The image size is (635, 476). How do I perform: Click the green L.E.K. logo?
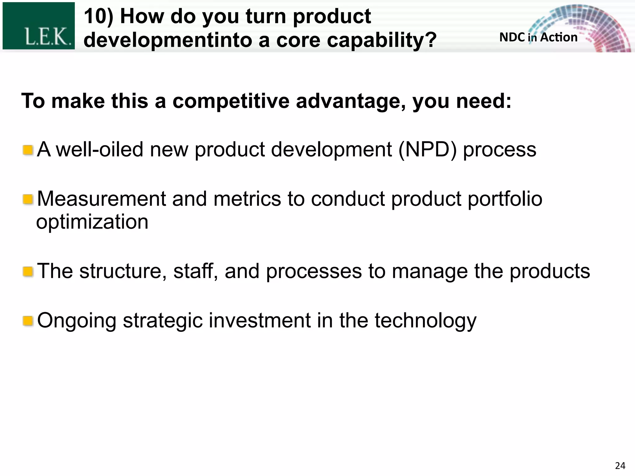pyautogui.click(x=38, y=26)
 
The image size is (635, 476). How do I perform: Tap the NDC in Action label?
pyautogui.click(x=538, y=37)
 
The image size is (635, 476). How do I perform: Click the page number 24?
pyautogui.click(x=620, y=465)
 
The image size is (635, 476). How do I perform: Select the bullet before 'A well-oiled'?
pyautogui.click(x=28, y=150)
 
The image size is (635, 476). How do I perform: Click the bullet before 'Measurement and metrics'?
pyautogui.click(x=28, y=199)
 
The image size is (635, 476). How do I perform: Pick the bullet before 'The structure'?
pyautogui.click(x=28, y=272)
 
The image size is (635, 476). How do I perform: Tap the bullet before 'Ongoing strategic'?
pyautogui.click(x=28, y=321)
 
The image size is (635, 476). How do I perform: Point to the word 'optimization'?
pyautogui.click(x=92, y=222)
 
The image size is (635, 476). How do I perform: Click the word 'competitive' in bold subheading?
pyautogui.click(x=231, y=101)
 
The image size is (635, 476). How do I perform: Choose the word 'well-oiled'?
pyautogui.click(x=99, y=150)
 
